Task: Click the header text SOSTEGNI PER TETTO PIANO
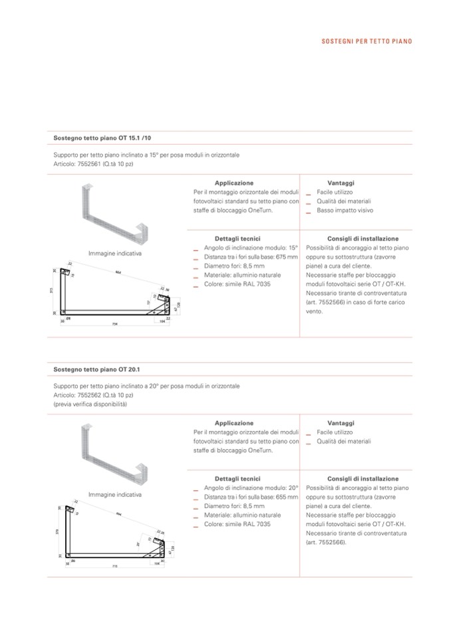367,41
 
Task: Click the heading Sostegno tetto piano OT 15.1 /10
102,138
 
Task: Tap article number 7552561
89,163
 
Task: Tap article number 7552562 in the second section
89,395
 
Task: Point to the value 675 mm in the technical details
286,256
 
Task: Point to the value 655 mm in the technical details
286,497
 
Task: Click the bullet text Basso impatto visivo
345,211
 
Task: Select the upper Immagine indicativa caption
115,254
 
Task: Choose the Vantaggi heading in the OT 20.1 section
341,422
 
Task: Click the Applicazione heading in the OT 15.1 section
233,182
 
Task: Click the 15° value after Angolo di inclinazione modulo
293,247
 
